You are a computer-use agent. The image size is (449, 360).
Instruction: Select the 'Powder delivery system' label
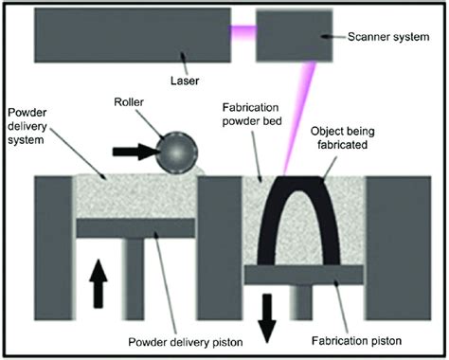tap(34, 123)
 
